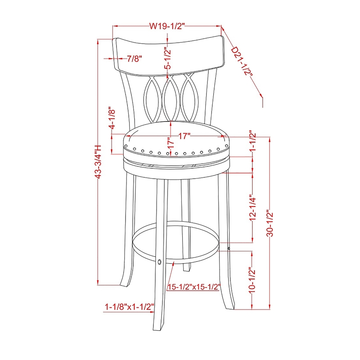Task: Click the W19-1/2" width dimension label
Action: coord(167,27)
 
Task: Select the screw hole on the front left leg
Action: coord(160,261)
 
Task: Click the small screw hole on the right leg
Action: coord(229,248)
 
